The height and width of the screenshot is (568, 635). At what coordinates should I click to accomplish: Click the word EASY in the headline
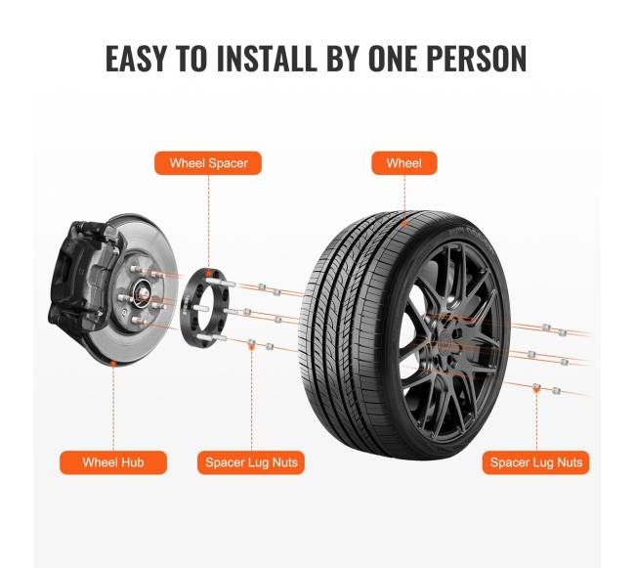coord(136,59)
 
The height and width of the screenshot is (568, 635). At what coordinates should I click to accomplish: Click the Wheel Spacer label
coord(208,163)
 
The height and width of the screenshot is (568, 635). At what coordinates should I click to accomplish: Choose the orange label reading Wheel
coord(404,163)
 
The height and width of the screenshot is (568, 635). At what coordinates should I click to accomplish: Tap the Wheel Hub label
coord(113,462)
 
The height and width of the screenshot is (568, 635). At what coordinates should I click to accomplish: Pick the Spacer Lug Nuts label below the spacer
coord(251,462)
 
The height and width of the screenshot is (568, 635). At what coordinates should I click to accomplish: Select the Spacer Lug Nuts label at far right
coord(535,462)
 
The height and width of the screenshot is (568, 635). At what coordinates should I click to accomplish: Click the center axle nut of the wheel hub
coord(144,292)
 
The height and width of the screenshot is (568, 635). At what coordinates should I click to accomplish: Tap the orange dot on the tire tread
coord(404,223)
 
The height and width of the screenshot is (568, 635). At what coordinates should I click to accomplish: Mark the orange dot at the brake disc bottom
coord(113,364)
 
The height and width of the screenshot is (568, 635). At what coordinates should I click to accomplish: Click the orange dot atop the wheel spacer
coord(208,271)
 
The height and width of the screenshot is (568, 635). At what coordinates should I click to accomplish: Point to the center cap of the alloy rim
coord(444,338)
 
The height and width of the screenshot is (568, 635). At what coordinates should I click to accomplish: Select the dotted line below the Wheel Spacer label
coord(208,222)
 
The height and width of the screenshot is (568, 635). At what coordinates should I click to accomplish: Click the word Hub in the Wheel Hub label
coord(132,462)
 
